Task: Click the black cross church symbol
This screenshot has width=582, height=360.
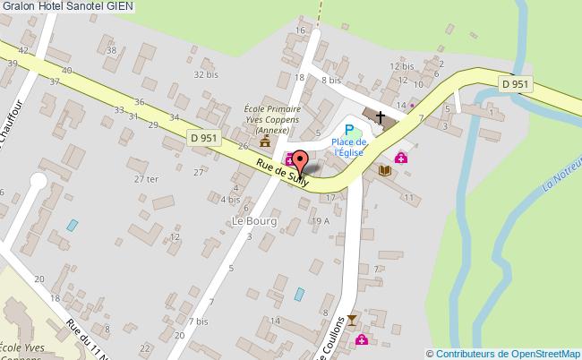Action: (x=381, y=117)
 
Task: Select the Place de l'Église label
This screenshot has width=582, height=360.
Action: (x=348, y=148)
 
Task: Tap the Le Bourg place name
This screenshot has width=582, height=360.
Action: (x=254, y=220)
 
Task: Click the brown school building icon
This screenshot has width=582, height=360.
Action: (x=265, y=142)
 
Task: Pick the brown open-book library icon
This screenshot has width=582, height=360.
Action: (x=386, y=170)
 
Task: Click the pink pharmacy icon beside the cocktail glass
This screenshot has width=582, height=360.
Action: (x=362, y=340)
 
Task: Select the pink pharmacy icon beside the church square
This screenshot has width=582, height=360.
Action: (x=401, y=158)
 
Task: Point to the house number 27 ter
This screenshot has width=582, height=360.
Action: (x=146, y=179)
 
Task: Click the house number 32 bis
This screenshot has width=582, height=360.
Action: (x=206, y=75)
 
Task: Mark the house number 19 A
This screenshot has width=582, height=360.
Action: (x=321, y=219)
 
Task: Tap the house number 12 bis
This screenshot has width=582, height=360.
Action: (x=401, y=66)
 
